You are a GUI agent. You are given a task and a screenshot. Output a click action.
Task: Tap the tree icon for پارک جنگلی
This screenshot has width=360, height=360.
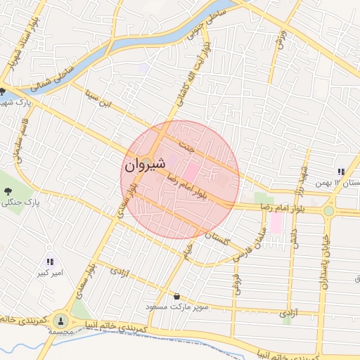tap(8, 191)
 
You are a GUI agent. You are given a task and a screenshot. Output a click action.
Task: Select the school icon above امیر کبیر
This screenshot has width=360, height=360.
tap(49, 262)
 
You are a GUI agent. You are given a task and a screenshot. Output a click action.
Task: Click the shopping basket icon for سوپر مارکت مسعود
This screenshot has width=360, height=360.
tap(176, 297)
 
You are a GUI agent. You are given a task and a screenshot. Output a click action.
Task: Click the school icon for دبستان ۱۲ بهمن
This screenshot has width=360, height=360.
tap(340, 172)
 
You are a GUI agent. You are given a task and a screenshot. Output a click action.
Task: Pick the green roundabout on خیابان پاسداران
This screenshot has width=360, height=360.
tap(328, 210)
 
